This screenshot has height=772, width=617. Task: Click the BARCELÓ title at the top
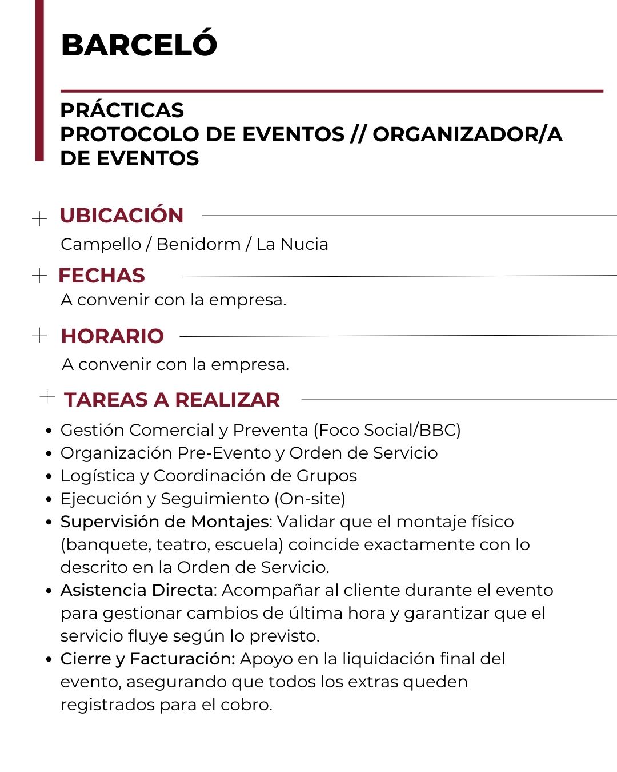pyautogui.click(x=139, y=45)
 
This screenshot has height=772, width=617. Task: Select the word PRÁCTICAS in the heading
pyautogui.click(x=122, y=110)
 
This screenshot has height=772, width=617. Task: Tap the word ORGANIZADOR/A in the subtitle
pyautogui.click(x=467, y=134)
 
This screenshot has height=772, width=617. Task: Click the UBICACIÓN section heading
pyautogui.click(x=122, y=215)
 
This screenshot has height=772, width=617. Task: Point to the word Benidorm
pyautogui.click(x=198, y=244)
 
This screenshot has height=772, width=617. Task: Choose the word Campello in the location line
pyautogui.click(x=101, y=244)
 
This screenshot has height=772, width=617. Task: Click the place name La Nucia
pyautogui.click(x=292, y=244)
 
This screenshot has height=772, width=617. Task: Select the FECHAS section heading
pyautogui.click(x=102, y=276)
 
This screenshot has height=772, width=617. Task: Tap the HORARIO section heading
pyautogui.click(x=113, y=336)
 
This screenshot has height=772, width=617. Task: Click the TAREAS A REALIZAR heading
pyautogui.click(x=172, y=399)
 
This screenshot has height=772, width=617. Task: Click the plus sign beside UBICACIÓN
pyautogui.click(x=39, y=218)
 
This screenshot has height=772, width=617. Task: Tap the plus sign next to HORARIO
pyautogui.click(x=39, y=335)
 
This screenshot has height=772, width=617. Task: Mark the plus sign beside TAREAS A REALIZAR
pyautogui.click(x=47, y=396)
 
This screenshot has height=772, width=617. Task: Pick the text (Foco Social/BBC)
pyautogui.click(x=387, y=430)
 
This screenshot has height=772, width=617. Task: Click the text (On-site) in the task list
pyautogui.click(x=310, y=499)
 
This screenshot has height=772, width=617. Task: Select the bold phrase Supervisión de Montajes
pyautogui.click(x=165, y=522)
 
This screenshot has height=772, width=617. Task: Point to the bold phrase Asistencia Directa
pyautogui.click(x=137, y=590)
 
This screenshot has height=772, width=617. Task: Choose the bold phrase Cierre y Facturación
pyautogui.click(x=147, y=659)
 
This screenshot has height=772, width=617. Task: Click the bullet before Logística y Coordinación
pyautogui.click(x=49, y=476)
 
